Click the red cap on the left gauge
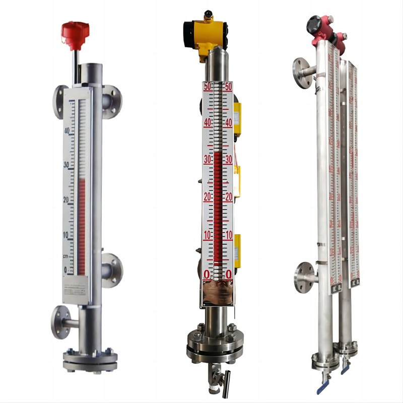(75, 31)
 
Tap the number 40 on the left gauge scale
(66, 130)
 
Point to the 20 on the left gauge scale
(65, 199)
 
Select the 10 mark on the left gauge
(65, 235)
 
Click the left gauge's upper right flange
(111, 98)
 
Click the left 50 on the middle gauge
(207, 87)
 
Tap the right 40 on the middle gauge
(228, 122)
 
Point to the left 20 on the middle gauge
(207, 197)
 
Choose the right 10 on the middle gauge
(228, 236)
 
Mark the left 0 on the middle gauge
(207, 274)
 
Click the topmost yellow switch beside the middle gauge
(236, 114)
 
